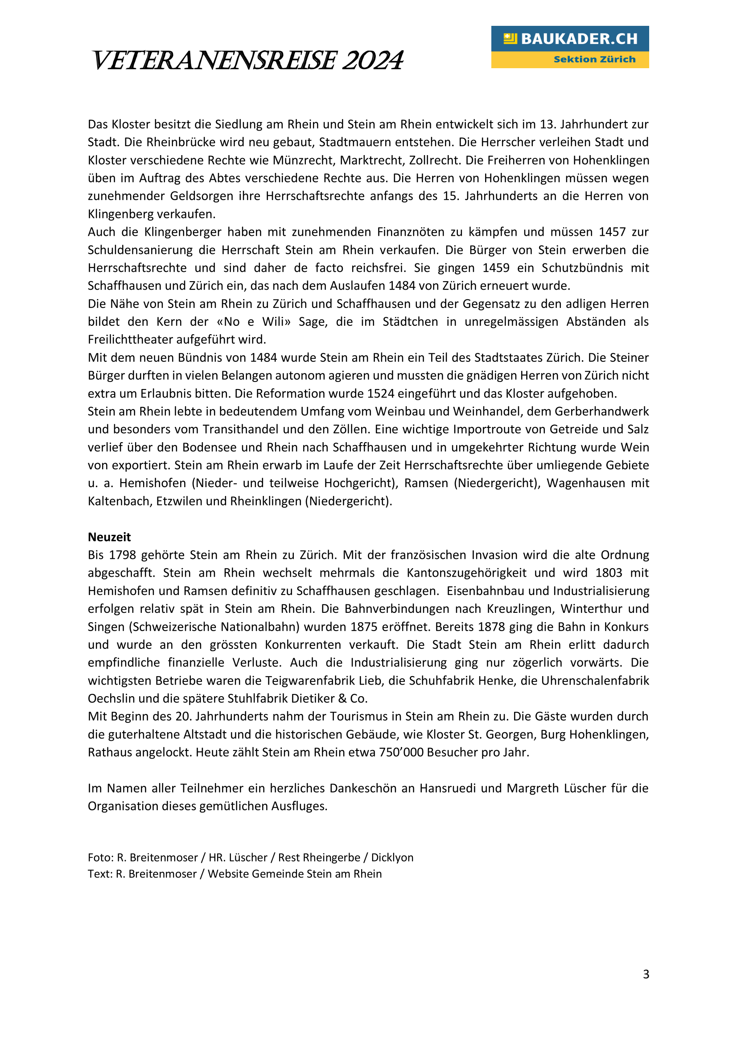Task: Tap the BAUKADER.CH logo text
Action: coord(579,39)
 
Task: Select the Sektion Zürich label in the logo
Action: coord(594,59)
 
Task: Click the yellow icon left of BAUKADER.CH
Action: coord(510,39)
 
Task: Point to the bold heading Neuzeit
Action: coord(109,537)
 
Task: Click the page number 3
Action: coord(646,974)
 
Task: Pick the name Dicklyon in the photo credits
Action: coord(392,858)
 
